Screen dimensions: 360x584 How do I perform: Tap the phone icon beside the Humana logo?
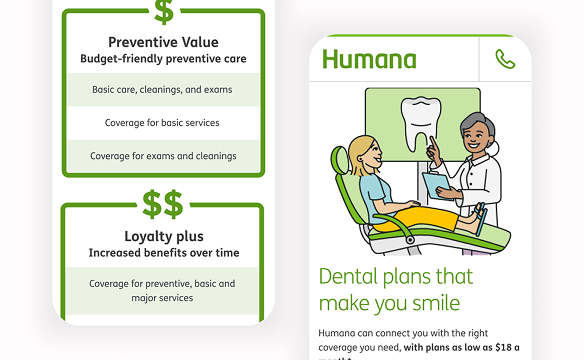click(505, 60)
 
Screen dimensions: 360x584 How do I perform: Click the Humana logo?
click(369, 59)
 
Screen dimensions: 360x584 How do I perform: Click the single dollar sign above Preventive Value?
click(163, 11)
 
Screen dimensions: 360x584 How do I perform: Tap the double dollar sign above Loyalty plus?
click(163, 204)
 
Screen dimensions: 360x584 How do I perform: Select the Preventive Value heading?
click(163, 42)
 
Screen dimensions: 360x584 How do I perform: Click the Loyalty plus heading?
click(163, 237)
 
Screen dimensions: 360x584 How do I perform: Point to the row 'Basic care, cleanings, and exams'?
click(163, 90)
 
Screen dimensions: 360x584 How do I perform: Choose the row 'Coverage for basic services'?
click(163, 123)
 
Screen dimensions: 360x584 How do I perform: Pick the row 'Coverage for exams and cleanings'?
click(163, 156)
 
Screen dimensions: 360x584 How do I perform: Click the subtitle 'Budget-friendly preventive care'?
click(163, 59)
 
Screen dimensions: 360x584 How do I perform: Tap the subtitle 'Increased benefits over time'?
click(163, 253)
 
